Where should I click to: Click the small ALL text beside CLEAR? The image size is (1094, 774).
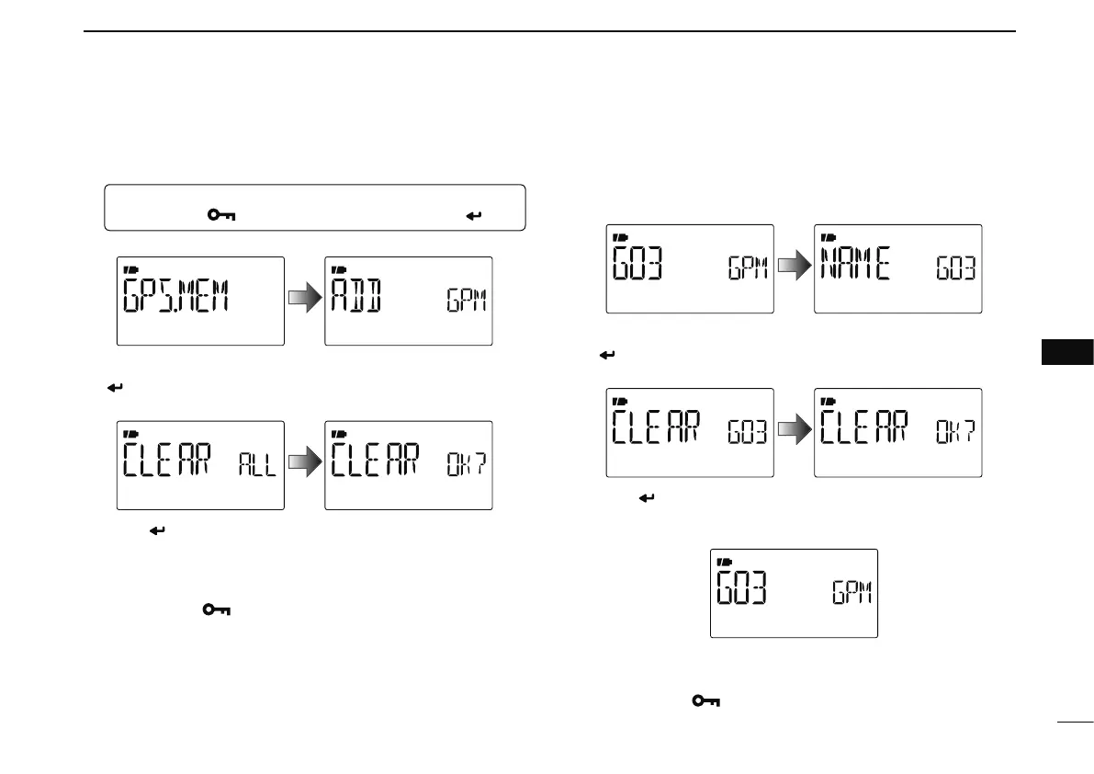click(256, 466)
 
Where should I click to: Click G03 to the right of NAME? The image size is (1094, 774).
click(955, 270)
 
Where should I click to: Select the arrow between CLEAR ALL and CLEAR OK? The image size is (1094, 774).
click(304, 465)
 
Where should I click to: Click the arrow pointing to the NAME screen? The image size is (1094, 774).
click(794, 268)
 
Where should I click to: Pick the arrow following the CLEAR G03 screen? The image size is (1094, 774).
click(794, 432)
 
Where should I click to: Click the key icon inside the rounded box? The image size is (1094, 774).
click(220, 215)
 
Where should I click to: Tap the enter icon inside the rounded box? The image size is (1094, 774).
click(475, 216)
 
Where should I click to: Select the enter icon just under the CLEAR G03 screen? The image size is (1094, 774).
click(646, 497)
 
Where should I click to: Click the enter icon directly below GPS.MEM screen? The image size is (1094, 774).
click(116, 364)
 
